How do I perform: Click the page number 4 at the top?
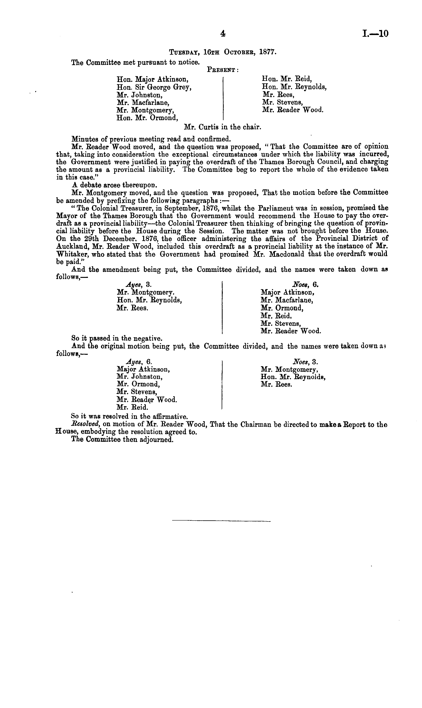pyautogui.click(x=223, y=34)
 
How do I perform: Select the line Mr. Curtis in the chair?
pyautogui.click(x=223, y=127)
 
